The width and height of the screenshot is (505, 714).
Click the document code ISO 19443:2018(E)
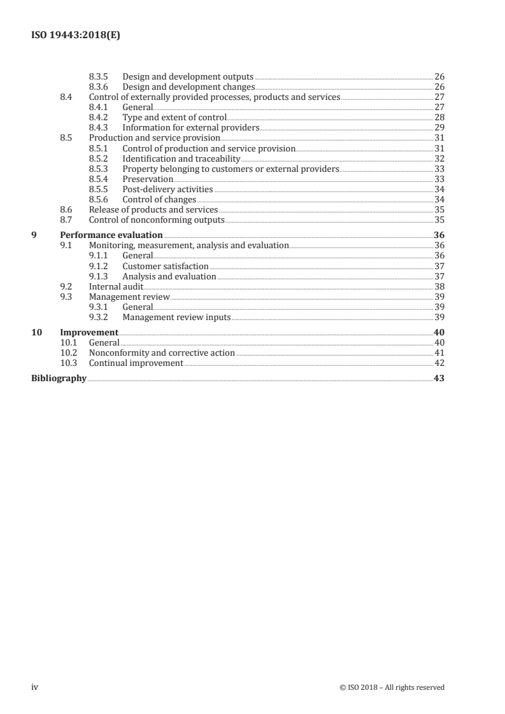[x=76, y=36]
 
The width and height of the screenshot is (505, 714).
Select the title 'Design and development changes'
[x=188, y=87]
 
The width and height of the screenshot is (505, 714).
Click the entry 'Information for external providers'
[x=190, y=128]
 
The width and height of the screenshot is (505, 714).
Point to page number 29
[x=439, y=128]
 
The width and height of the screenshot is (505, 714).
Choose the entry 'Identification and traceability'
[x=181, y=158]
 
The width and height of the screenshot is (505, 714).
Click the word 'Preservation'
[x=148, y=179]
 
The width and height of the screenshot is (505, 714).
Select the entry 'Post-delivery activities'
[x=167, y=190]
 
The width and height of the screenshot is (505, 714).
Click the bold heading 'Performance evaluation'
[x=111, y=235]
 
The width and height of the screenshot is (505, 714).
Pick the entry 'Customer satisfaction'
[x=166, y=266]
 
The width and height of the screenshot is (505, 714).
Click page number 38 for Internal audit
[x=439, y=287]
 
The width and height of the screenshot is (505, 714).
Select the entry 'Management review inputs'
[x=176, y=318]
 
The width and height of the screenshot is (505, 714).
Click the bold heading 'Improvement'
[x=89, y=333]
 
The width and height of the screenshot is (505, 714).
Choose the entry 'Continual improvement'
[x=136, y=363]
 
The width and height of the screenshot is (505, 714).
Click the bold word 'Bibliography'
[x=59, y=379]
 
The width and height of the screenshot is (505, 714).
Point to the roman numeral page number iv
[x=35, y=687]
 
